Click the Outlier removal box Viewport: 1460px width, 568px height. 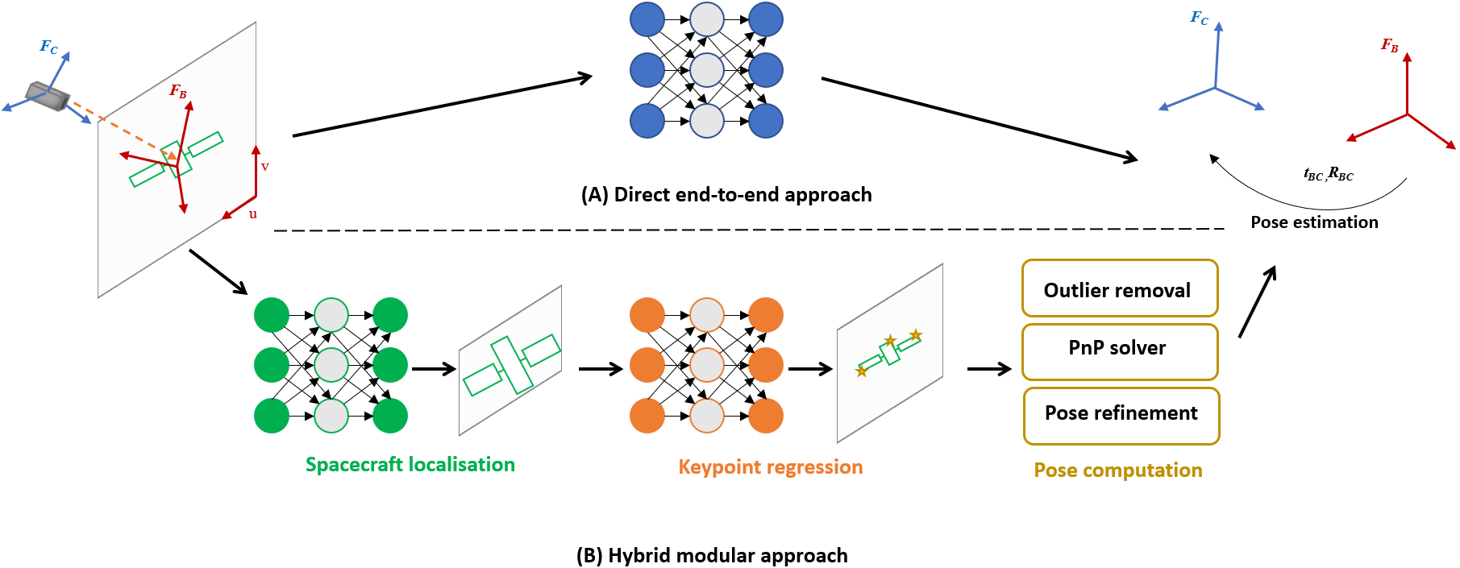[1119, 288]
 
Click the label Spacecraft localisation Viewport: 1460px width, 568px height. [410, 465]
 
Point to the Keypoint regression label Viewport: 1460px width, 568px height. [770, 467]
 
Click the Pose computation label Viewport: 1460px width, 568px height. [1117, 471]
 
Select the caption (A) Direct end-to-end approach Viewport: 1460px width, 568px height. [726, 195]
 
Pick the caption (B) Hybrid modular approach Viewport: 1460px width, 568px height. [712, 556]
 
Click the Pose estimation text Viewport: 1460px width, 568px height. [1314, 222]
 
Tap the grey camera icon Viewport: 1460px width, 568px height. [48, 96]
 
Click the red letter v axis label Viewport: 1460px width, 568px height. [264, 167]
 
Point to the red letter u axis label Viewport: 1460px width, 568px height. [253, 214]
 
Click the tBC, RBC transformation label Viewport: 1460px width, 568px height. [1328, 174]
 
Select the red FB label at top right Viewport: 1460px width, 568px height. [1389, 45]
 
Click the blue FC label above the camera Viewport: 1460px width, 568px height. [49, 48]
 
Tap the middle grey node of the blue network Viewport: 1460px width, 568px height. [707, 70]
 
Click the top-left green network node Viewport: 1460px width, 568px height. [272, 315]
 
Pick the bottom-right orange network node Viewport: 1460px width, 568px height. [765, 417]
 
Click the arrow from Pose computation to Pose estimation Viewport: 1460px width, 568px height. [1257, 302]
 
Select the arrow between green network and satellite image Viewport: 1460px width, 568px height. [434, 370]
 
